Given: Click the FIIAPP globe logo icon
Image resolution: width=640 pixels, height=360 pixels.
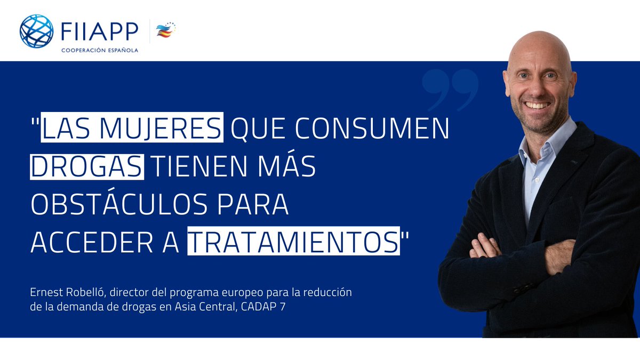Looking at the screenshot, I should [x=36, y=31].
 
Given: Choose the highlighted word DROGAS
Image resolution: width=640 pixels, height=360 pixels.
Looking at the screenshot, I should [x=87, y=167].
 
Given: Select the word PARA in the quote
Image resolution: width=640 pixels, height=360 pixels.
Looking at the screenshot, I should [x=254, y=205].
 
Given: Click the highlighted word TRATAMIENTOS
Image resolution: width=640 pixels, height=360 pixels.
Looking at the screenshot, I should [x=293, y=243].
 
